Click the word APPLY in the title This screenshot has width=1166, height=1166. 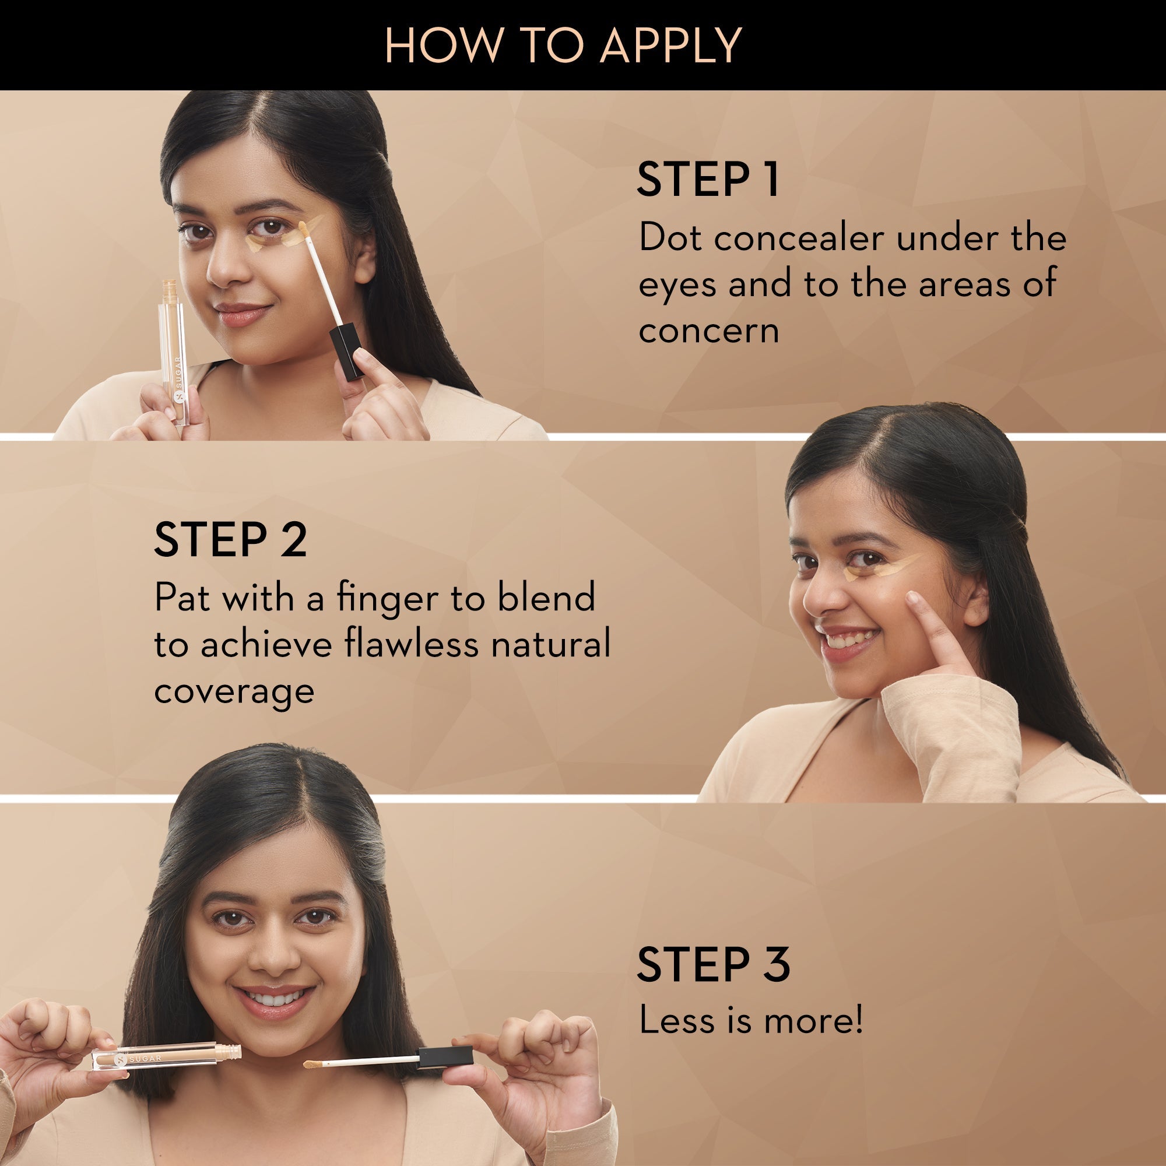click(670, 45)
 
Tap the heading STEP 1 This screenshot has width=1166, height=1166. click(707, 179)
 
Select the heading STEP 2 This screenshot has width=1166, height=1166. click(230, 539)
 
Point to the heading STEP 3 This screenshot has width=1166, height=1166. click(713, 964)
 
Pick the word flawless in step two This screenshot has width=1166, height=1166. click(412, 644)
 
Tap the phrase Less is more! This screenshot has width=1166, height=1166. click(750, 1021)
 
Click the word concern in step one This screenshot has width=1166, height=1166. click(708, 331)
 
